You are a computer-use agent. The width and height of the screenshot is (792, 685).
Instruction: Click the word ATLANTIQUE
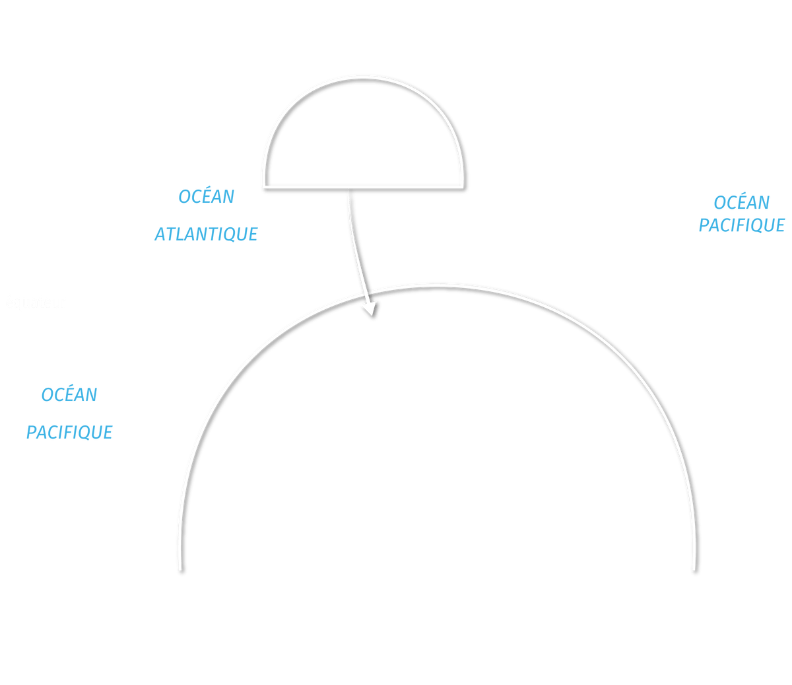[206, 234]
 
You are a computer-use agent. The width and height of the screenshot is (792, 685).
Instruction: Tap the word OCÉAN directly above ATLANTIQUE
[206, 196]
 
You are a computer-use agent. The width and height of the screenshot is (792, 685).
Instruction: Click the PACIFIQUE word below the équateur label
[69, 432]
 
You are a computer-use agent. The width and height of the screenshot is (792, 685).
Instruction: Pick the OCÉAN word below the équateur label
[69, 394]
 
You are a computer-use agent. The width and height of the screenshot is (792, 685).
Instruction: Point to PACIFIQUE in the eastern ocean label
[742, 225]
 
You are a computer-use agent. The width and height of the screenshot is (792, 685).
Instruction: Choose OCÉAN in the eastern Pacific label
[742, 203]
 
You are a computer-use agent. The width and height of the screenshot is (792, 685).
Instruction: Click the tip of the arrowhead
[374, 318]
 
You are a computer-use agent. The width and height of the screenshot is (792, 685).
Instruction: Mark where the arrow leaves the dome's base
[349, 190]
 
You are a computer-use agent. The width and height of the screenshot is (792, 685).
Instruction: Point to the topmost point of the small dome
[365, 81]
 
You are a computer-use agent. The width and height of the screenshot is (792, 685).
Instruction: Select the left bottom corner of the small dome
[265, 185]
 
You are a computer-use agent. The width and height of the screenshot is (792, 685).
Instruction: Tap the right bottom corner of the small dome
[464, 185]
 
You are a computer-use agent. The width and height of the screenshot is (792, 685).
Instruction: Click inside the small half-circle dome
[365, 139]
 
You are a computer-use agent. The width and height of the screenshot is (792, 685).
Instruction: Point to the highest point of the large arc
[439, 287]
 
